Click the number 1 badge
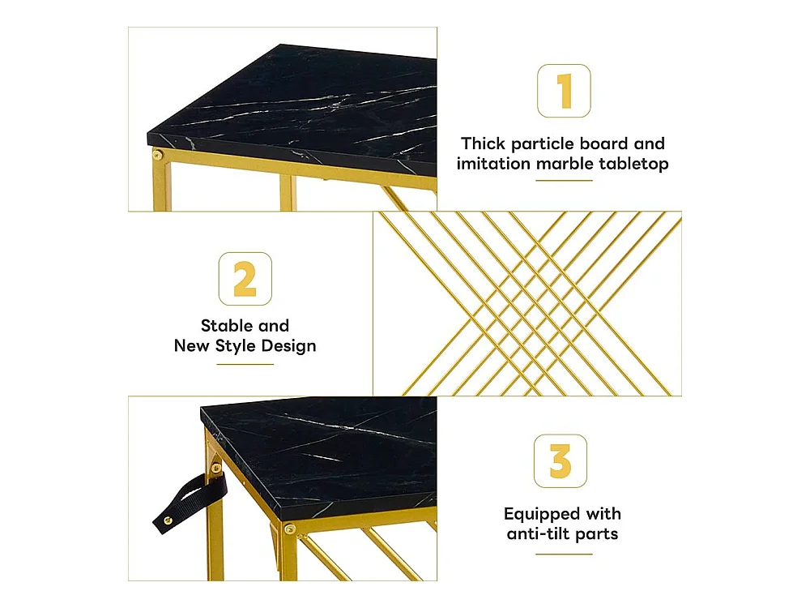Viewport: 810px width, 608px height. tap(564, 91)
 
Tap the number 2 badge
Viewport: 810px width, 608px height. tap(245, 279)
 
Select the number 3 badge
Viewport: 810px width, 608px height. tap(561, 460)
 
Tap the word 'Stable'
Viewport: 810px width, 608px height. tap(227, 326)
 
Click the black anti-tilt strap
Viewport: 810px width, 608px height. tap(190, 503)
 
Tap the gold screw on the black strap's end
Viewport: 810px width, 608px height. tap(168, 520)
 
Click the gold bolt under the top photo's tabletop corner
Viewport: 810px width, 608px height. tap(157, 155)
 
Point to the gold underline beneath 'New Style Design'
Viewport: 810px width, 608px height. tap(245, 365)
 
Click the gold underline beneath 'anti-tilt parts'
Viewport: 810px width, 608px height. tap(564, 554)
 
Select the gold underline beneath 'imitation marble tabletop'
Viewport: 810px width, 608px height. tap(564, 181)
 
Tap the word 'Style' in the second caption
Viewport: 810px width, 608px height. tap(235, 346)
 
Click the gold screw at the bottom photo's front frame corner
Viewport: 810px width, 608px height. tap(290, 529)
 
